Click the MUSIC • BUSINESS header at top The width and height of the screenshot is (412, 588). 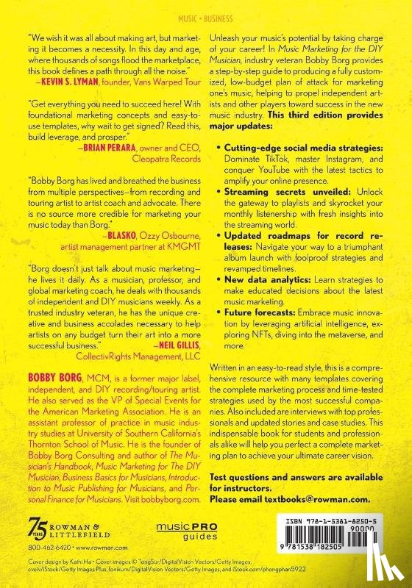pos(205,12)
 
